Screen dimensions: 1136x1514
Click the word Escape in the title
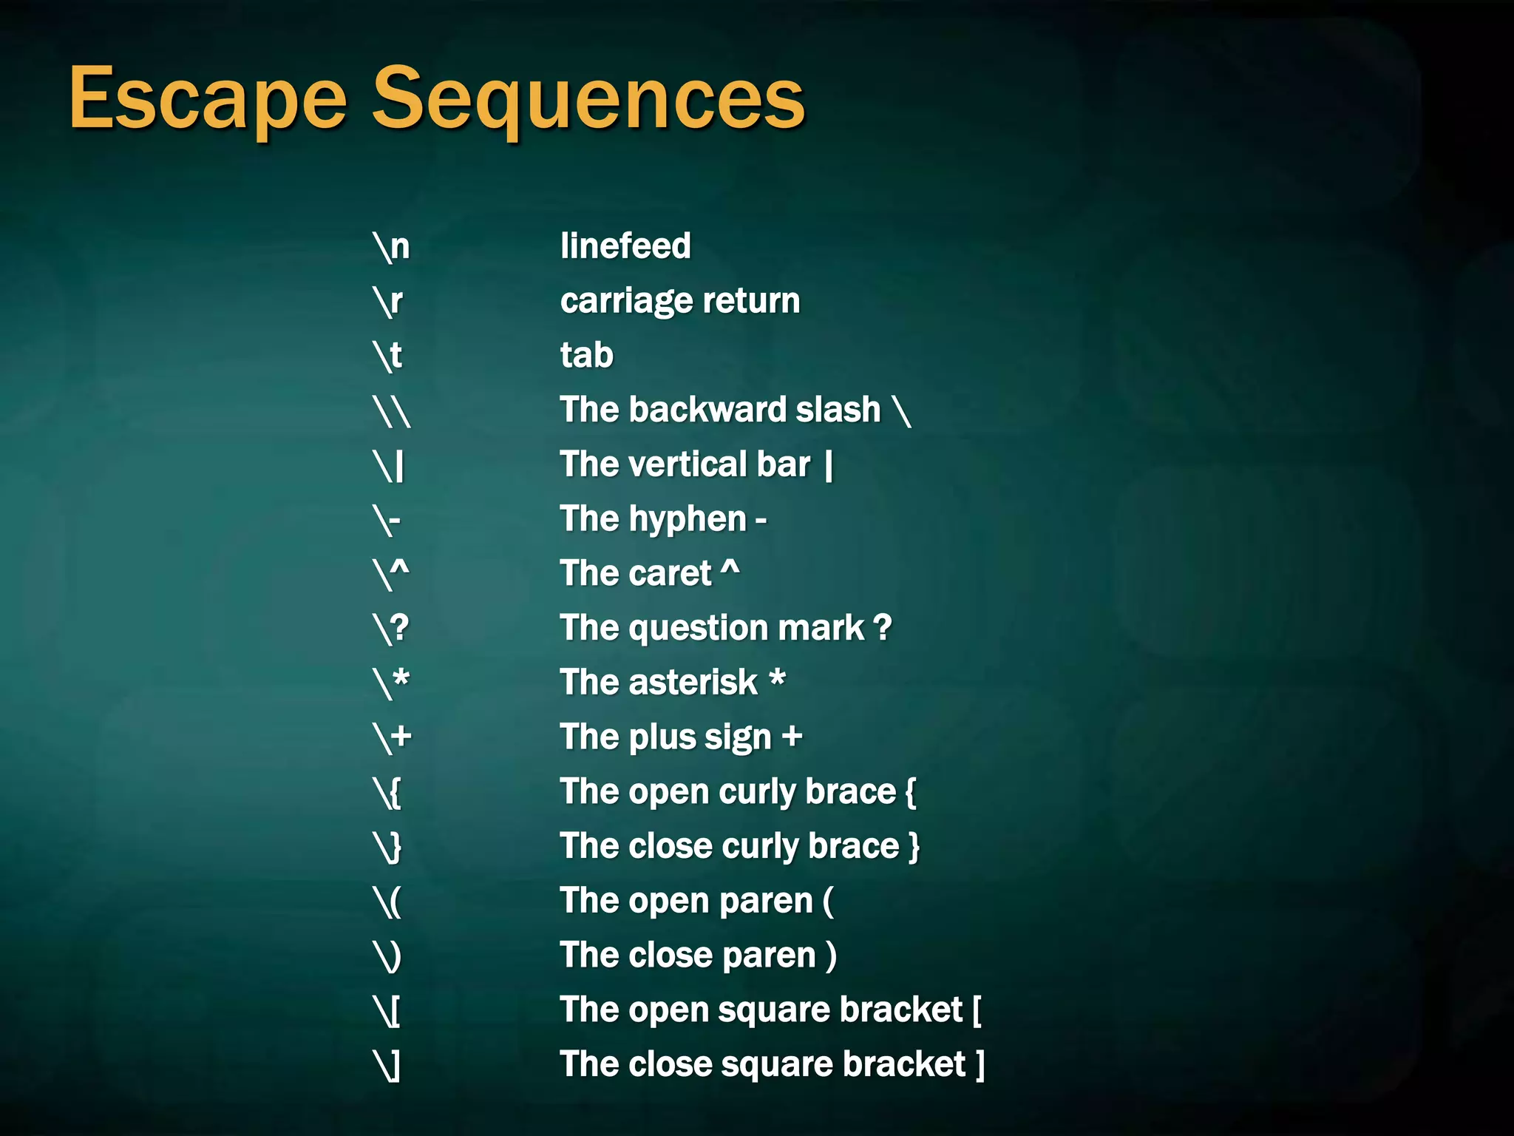coord(208,99)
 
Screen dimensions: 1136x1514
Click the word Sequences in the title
coord(588,99)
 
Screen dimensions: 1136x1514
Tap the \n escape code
coord(391,246)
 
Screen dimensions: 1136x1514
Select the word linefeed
coord(625,246)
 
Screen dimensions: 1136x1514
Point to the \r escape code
coord(388,301)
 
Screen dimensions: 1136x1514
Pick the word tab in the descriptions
coord(587,355)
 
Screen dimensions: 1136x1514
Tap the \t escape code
coord(387,356)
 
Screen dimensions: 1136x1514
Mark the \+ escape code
coord(392,737)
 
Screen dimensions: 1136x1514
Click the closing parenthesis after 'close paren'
coord(832,956)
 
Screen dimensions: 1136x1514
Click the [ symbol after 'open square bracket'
coord(977,1010)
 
